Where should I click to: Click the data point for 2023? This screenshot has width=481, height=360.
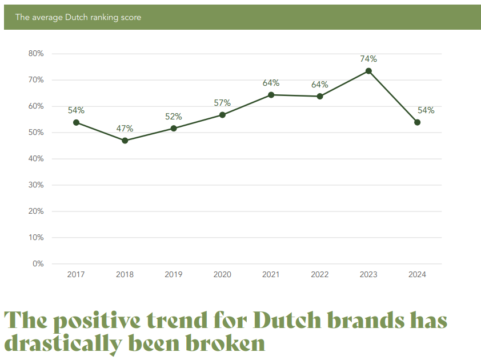368,71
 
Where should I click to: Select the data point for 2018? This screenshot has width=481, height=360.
125,141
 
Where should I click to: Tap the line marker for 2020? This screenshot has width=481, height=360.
222,115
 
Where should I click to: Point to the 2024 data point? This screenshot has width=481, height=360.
417,122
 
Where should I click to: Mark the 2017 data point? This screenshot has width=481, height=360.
76,122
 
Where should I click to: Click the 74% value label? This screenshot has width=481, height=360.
368,59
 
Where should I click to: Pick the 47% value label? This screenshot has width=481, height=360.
125,129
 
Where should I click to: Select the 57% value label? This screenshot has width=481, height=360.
222,103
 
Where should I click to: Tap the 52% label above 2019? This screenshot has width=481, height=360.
174,117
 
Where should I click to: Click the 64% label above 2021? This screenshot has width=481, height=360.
271,83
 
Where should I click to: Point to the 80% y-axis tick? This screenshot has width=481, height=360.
36,54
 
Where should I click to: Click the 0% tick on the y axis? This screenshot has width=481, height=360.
38,264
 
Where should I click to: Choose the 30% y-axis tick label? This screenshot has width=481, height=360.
36,185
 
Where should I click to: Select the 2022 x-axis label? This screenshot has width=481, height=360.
320,275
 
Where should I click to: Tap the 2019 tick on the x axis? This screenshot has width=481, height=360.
174,275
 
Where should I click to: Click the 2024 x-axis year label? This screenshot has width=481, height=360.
417,275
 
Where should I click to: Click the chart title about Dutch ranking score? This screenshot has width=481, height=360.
78,17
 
